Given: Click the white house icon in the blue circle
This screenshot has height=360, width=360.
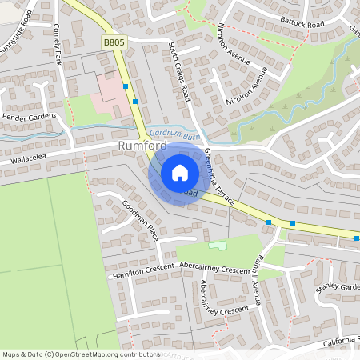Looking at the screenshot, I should [180, 172].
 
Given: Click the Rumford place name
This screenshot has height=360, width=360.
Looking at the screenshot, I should [142, 146].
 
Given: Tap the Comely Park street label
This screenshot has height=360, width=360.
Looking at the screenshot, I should [57, 43].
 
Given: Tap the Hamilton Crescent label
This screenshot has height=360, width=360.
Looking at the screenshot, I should [143, 272].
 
